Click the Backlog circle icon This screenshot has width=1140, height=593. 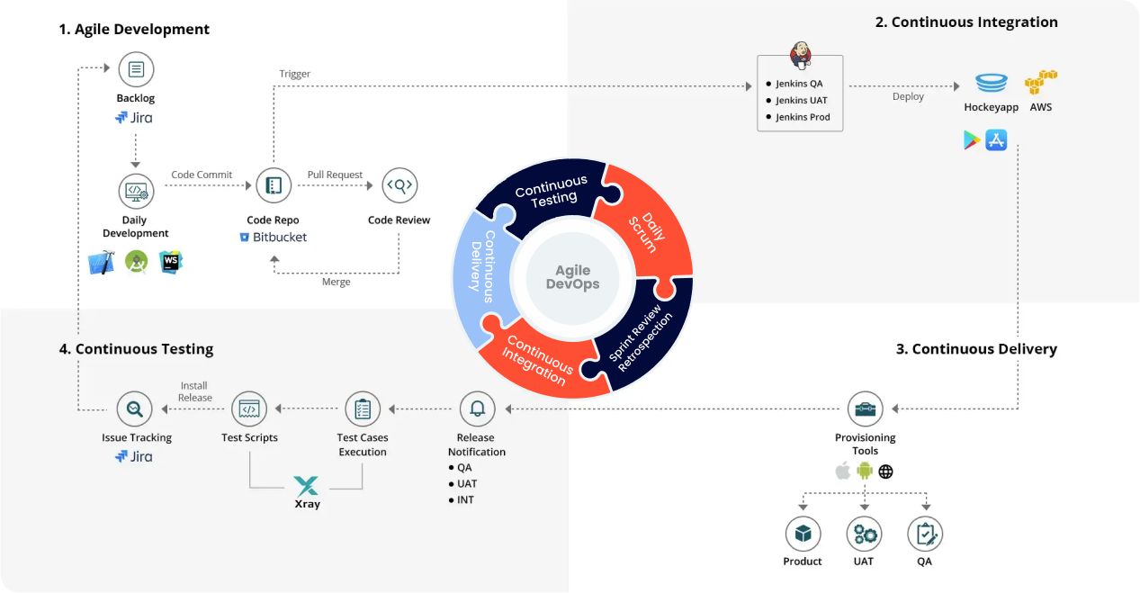(x=136, y=69)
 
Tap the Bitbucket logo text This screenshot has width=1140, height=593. (x=274, y=238)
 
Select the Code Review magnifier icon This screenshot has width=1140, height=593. (x=399, y=185)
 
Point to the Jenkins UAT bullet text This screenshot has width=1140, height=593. (x=801, y=100)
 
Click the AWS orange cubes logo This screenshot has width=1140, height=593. (x=1041, y=82)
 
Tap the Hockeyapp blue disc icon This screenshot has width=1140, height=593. (x=991, y=83)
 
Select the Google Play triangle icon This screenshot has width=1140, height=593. (x=971, y=140)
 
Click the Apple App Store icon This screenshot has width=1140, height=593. (x=996, y=140)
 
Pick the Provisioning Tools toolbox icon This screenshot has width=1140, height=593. (x=866, y=409)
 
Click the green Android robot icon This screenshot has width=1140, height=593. (x=864, y=471)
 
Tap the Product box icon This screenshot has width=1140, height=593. (x=803, y=534)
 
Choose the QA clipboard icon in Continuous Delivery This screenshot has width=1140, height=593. (x=925, y=534)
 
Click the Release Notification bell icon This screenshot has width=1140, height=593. (x=477, y=409)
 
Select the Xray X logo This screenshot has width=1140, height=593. (x=307, y=486)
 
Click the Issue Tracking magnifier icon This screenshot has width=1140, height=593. (x=134, y=409)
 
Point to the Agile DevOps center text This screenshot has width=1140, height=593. (x=572, y=277)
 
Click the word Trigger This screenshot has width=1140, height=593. (x=294, y=75)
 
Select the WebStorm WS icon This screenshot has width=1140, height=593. (x=170, y=262)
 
